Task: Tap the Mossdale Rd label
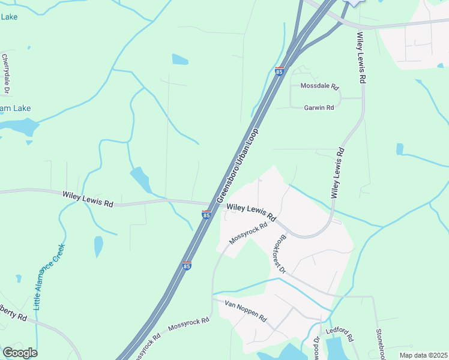click(x=320, y=86)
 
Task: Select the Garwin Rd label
click(x=319, y=107)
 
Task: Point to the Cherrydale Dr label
click(x=6, y=74)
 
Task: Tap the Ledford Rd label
click(x=337, y=331)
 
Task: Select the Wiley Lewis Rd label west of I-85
click(x=88, y=199)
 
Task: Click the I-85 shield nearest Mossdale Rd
click(x=279, y=71)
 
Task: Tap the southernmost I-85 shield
click(x=187, y=265)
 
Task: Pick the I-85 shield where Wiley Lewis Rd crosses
click(x=206, y=214)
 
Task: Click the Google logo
click(x=20, y=352)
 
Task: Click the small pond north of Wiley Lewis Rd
click(x=141, y=179)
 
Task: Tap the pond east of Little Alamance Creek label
click(x=98, y=246)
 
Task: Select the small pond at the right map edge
click(x=400, y=149)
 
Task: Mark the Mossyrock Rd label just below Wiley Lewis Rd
click(x=247, y=233)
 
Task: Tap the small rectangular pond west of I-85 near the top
click(x=179, y=59)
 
